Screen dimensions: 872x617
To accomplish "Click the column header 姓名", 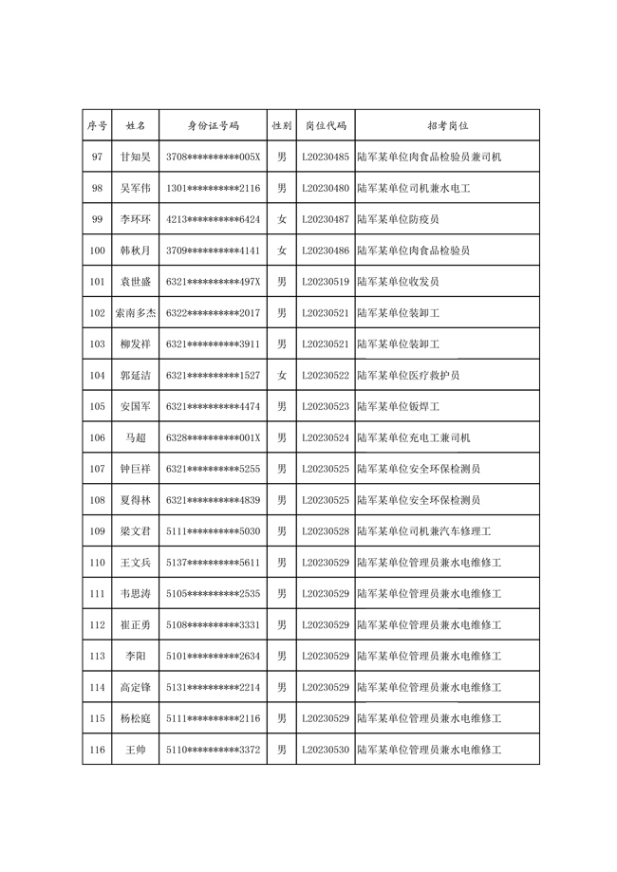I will tap(136, 125).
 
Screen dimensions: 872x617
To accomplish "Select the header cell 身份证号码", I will tap(213, 125).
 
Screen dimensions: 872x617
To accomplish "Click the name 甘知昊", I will tap(136, 157).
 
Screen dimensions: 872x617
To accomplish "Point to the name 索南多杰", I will tap(136, 312).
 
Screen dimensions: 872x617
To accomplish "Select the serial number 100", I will tap(97, 250).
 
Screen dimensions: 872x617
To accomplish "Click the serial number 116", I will tap(97, 750).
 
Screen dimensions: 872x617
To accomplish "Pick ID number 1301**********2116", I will tap(213, 188).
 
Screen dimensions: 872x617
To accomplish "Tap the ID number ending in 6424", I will tap(213, 219).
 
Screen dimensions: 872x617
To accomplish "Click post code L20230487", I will tap(326, 219).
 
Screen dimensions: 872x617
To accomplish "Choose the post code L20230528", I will tap(326, 531).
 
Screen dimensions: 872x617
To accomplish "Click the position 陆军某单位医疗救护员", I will tap(408, 375).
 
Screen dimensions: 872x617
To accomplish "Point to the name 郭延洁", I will tap(136, 375).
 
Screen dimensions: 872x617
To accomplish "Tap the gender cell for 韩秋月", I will tap(281, 250).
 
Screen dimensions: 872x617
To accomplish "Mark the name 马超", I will tap(136, 437).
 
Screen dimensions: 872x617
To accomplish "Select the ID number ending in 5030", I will tap(213, 531).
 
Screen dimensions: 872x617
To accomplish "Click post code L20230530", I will tap(326, 750).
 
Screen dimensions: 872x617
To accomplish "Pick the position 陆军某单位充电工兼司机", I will tap(413, 437).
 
